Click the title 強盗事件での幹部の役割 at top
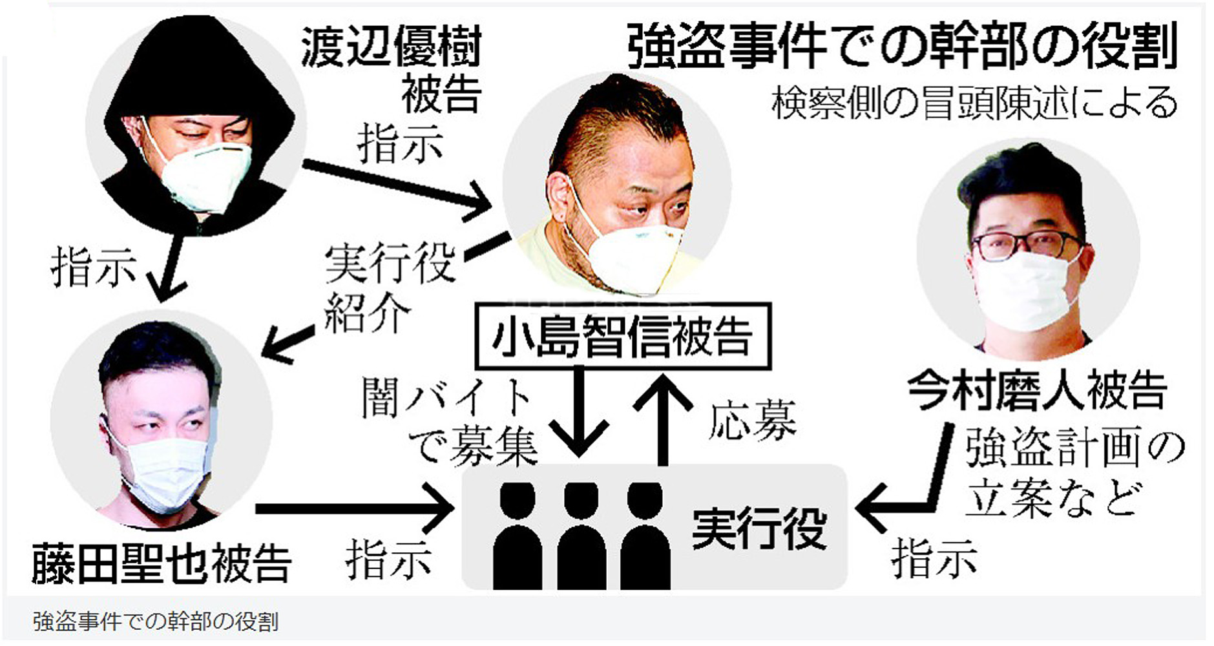click(901, 47)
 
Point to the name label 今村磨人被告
click(1036, 390)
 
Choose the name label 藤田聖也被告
click(162, 563)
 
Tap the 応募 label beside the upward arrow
click(751, 420)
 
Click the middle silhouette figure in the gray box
click(581, 536)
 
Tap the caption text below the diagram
click(156, 621)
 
